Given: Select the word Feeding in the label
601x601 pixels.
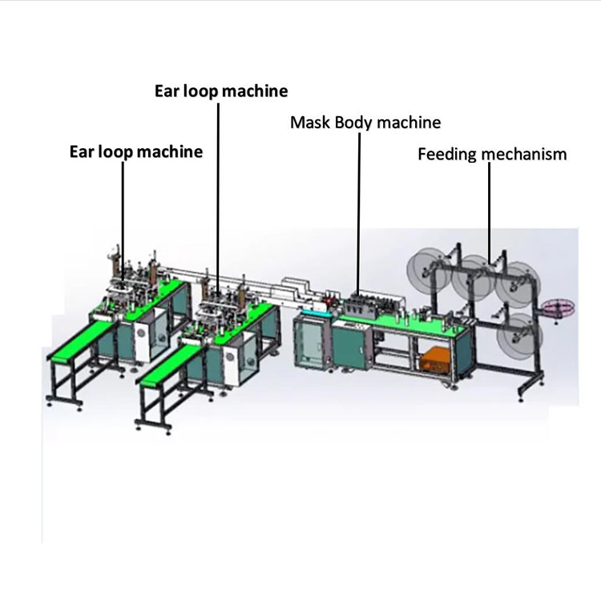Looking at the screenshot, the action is coord(447,155).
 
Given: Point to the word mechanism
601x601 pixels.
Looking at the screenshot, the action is coord(524,154).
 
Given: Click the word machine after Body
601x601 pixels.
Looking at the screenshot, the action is coord(409,123).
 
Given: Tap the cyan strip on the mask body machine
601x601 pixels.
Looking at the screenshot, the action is coord(316,313).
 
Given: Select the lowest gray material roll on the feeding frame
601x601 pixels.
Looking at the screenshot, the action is coord(518,336).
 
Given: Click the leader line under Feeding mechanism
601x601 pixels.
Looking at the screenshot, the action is coord(489,213).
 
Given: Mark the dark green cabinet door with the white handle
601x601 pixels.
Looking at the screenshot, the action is coord(349,348).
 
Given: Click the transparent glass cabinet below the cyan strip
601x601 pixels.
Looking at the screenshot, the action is coord(310,342).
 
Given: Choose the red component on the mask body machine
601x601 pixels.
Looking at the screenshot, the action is coord(332,299).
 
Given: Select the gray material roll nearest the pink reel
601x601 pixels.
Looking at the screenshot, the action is coord(518,284).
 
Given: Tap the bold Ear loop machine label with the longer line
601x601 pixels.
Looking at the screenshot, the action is coord(221,91).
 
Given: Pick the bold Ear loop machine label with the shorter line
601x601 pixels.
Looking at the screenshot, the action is coord(136,151).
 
